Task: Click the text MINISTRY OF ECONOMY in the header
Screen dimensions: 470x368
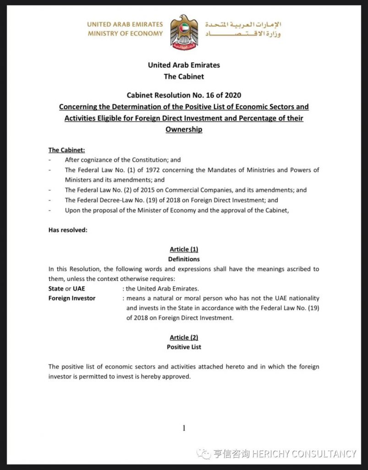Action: pos(125,34)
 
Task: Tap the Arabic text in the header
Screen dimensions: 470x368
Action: pos(242,29)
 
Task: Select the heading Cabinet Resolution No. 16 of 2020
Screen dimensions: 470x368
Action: pos(184,95)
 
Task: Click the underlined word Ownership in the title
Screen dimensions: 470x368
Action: pos(184,129)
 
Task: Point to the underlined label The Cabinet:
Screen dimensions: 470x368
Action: pos(66,150)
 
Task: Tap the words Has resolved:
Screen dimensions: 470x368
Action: pos(68,230)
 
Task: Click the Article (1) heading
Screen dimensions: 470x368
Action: pos(184,249)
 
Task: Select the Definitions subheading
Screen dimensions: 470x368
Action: pos(184,259)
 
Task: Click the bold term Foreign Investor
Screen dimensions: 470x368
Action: pos(72,298)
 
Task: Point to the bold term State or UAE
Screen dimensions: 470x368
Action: pos(66,289)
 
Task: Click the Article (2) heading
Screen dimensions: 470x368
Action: pos(184,337)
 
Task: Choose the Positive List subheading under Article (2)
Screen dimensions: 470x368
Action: pos(184,347)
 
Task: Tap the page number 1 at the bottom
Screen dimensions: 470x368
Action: pos(184,428)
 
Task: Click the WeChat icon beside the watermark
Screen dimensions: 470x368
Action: pos(203,454)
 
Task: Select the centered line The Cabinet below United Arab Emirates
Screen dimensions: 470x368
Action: pos(184,76)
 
